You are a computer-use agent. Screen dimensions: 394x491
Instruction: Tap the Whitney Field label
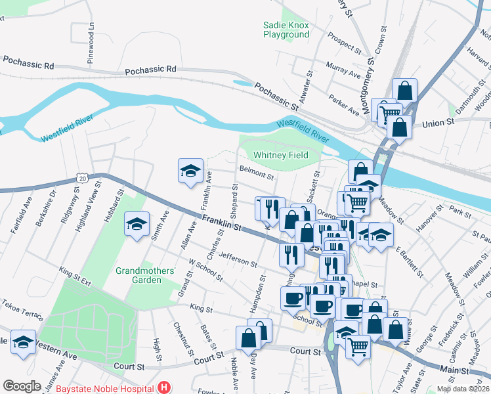click(x=280, y=155)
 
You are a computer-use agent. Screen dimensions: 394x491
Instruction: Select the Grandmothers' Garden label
click(x=146, y=275)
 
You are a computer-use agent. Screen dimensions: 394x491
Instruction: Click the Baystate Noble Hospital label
click(x=106, y=388)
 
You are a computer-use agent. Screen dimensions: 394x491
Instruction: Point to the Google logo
click(x=22, y=387)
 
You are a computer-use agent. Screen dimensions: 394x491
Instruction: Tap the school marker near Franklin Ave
click(x=190, y=171)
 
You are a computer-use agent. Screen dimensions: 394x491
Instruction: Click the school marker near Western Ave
click(x=24, y=343)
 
